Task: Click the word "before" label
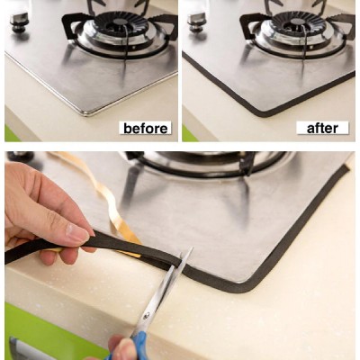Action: click(146, 129)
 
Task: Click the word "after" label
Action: click(322, 128)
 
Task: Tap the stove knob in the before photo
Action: click(20, 22)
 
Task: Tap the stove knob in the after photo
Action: click(196, 22)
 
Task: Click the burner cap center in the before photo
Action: click(121, 22)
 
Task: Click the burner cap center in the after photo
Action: click(299, 22)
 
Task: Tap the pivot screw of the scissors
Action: click(147, 316)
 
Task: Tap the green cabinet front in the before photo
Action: click(12, 134)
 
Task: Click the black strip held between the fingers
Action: click(99, 241)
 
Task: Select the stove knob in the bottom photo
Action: click(21, 156)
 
